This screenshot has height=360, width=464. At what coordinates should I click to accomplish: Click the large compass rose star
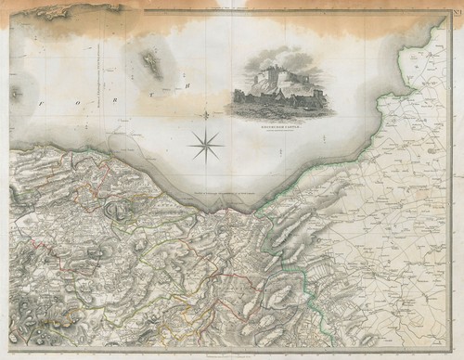click(205, 142)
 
